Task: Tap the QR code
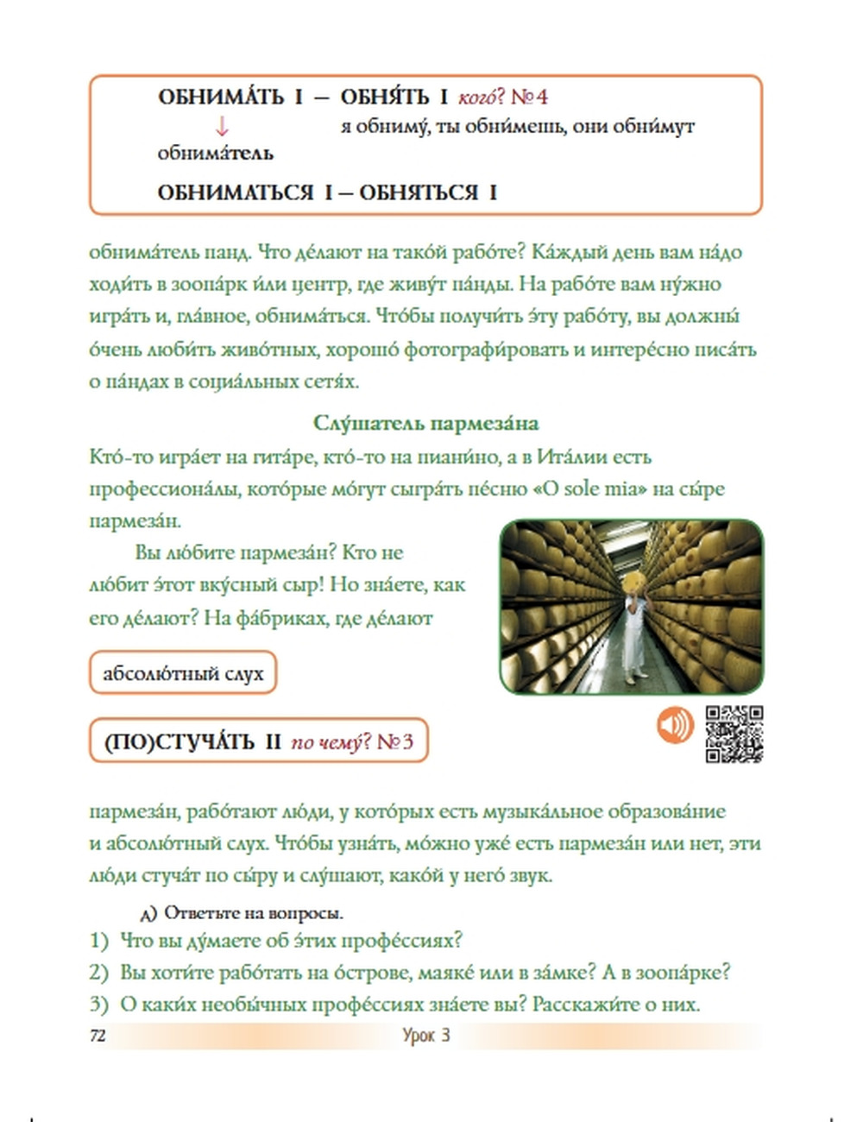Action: click(734, 734)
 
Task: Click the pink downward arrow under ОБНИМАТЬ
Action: click(222, 127)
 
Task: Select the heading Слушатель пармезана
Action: click(426, 424)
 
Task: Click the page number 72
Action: click(98, 1036)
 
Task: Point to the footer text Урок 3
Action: click(426, 1036)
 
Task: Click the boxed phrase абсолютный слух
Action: click(183, 673)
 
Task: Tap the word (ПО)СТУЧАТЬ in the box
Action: click(179, 741)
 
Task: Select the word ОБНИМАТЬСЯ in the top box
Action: click(236, 192)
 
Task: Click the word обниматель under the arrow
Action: click(215, 154)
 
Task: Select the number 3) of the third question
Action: click(98, 1005)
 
